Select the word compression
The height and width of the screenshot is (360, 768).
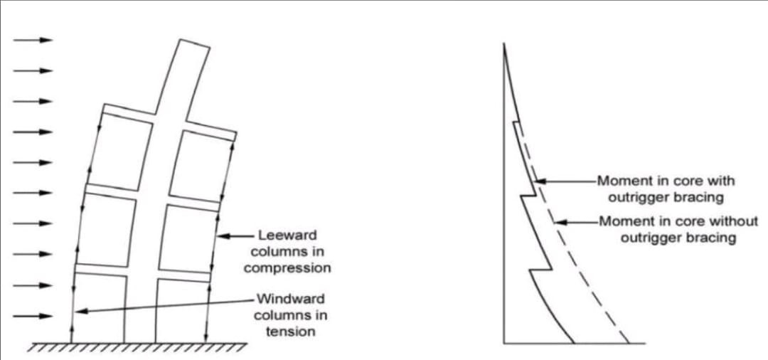(x=287, y=268)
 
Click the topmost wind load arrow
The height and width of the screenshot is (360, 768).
(x=33, y=40)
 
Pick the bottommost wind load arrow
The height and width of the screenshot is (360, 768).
(x=33, y=316)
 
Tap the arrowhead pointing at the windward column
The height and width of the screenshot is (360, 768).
(x=80, y=310)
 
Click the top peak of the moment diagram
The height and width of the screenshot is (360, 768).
(x=503, y=44)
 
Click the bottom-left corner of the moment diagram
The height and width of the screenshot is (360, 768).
(x=504, y=344)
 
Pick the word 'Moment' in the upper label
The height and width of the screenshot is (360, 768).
(x=623, y=181)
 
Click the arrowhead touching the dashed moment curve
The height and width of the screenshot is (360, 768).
(x=560, y=222)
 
